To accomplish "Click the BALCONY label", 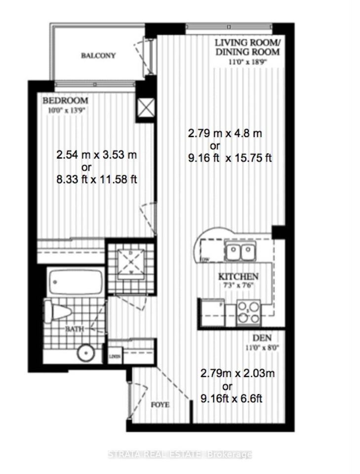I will pyautogui.click(x=98, y=55).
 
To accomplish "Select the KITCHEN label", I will pyautogui.click(x=239, y=277).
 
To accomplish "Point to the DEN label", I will pyautogui.click(x=260, y=339).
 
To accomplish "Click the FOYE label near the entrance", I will pyautogui.click(x=160, y=405).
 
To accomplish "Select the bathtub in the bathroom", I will pyautogui.click(x=76, y=283).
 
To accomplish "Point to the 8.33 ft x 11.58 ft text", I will pyautogui.click(x=96, y=180).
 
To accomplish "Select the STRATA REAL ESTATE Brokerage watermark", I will pyautogui.click(x=180, y=454).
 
